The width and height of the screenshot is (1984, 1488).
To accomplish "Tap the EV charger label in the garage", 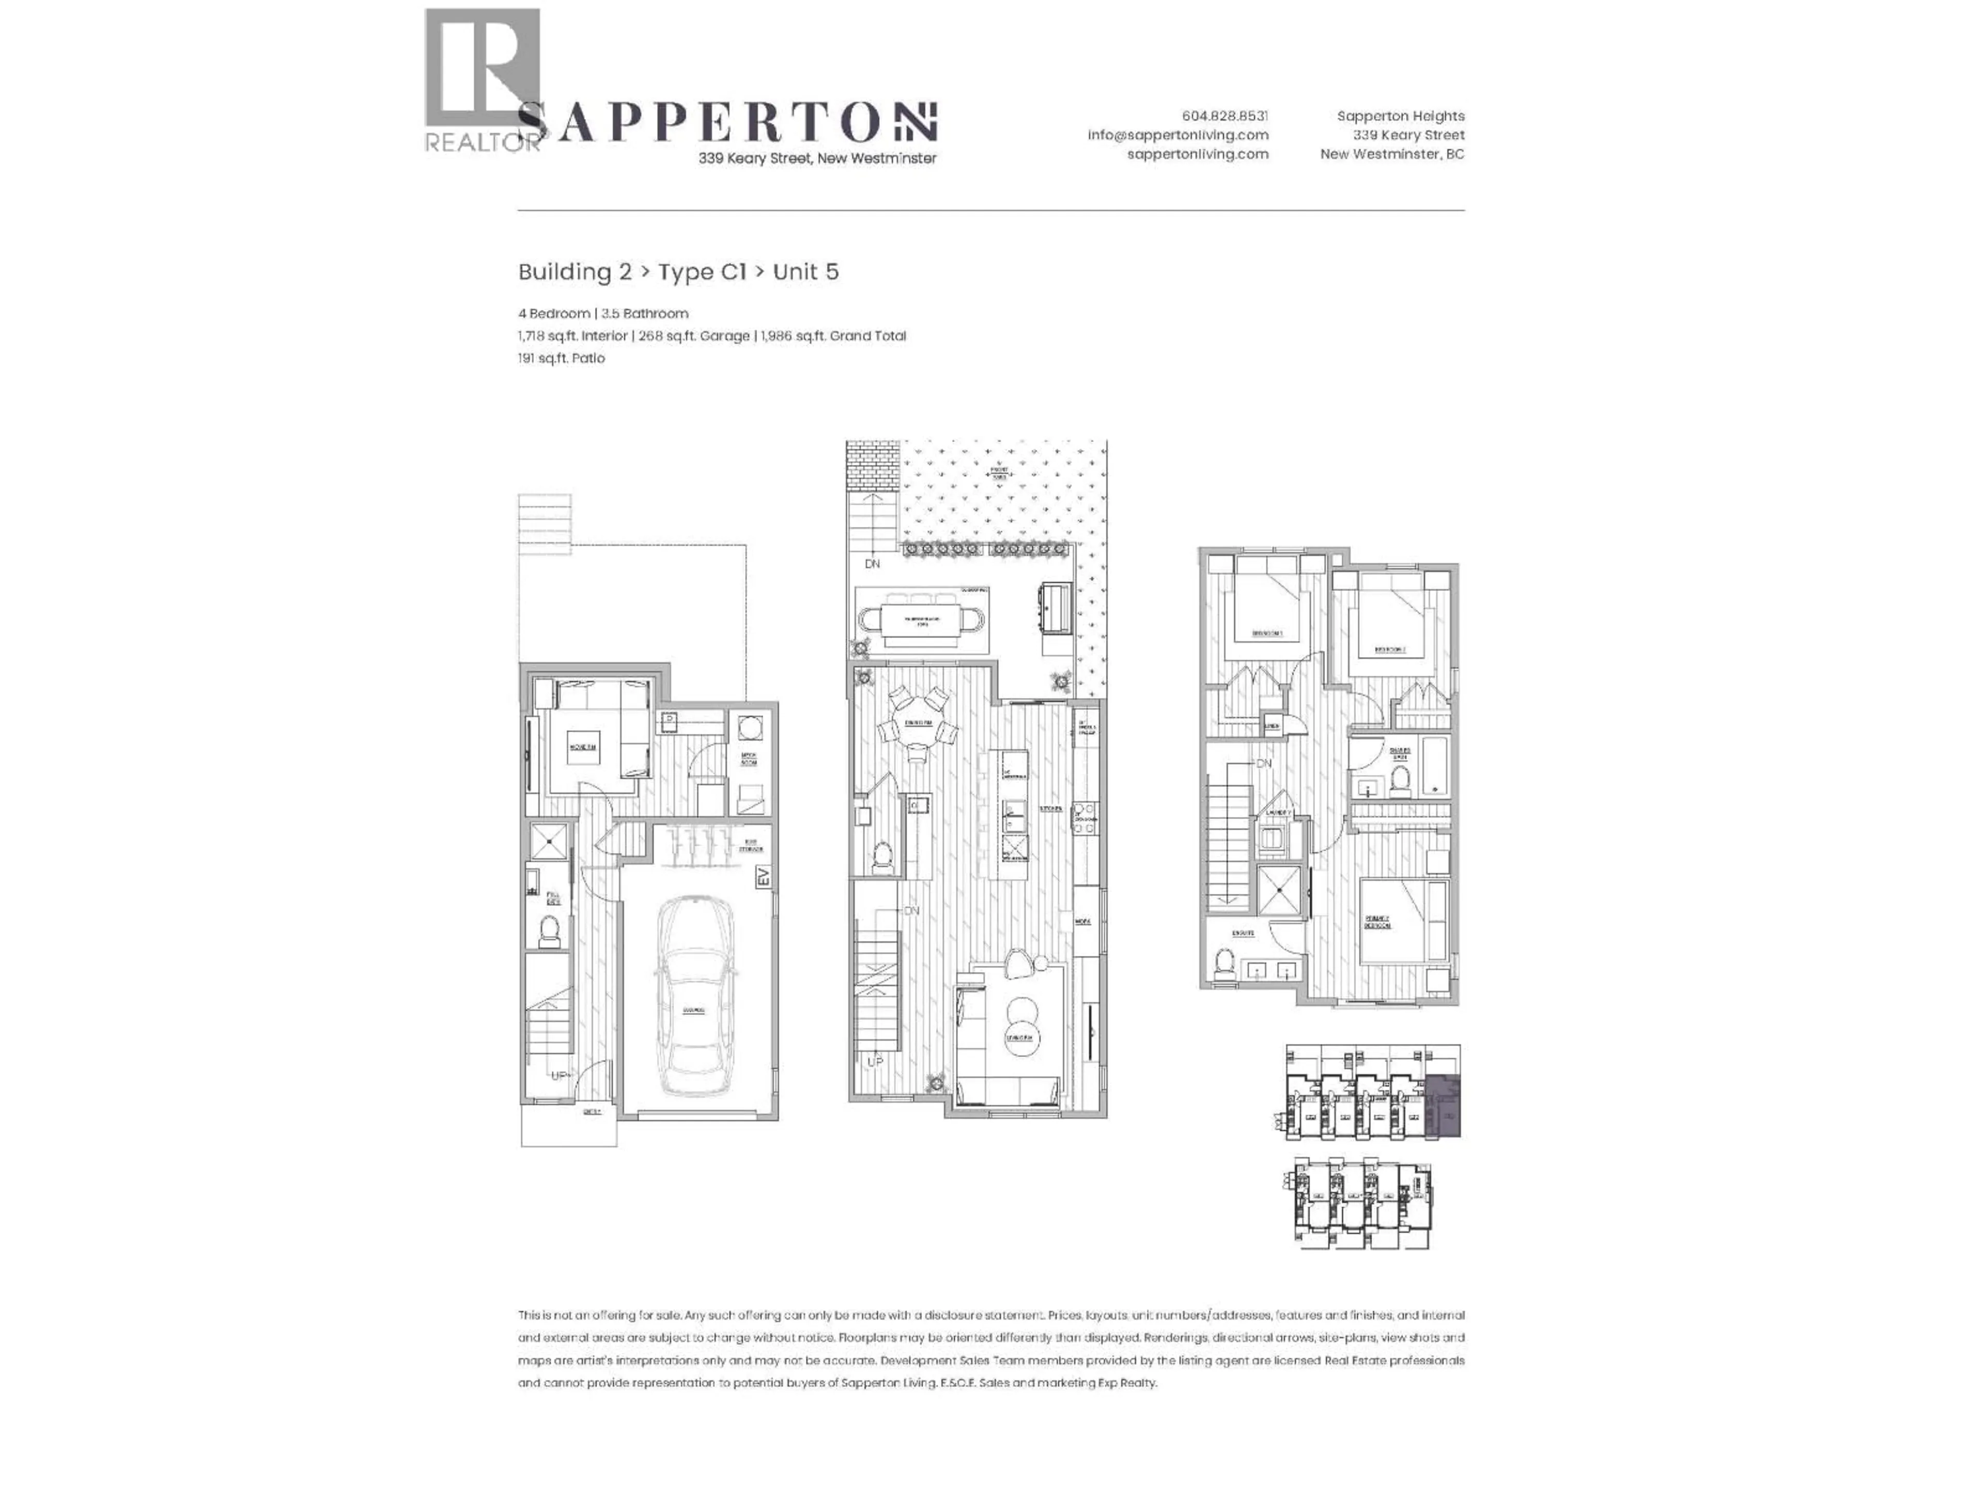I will [763, 876].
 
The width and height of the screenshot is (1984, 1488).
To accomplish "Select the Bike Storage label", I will [751, 845].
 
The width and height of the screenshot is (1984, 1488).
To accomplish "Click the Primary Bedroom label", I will [1377, 921].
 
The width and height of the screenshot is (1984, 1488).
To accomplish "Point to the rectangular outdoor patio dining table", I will [921, 620].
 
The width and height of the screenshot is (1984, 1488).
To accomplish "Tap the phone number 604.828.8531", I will [1225, 116].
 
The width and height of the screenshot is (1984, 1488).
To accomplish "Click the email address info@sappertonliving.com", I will [1177, 134].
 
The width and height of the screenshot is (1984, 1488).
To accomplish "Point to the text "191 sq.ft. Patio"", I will [562, 358].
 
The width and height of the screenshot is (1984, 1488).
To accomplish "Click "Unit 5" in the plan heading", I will [805, 272].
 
